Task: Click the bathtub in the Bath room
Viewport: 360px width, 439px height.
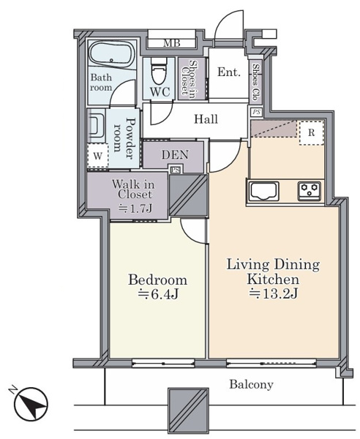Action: point(112,54)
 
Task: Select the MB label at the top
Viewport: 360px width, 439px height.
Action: point(172,43)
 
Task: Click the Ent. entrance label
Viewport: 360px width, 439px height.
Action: point(229,72)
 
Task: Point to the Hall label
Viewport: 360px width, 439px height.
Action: point(206,119)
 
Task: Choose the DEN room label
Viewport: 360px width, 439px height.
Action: point(175,154)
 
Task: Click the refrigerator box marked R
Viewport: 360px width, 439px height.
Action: point(311,132)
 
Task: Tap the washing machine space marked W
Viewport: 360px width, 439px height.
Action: point(97,156)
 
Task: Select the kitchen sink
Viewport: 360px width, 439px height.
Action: point(264,192)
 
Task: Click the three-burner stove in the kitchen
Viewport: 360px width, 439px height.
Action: point(310,191)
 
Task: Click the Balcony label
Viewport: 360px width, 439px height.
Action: point(251,385)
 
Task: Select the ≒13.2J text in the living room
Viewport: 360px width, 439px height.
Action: point(273,293)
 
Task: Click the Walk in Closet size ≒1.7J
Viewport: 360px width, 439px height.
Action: point(135,208)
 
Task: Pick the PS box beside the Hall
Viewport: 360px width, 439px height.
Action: point(256,112)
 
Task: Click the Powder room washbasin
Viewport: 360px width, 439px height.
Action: point(96,125)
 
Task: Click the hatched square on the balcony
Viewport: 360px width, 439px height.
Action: point(188,410)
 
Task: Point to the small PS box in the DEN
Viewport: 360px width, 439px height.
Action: point(176,170)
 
